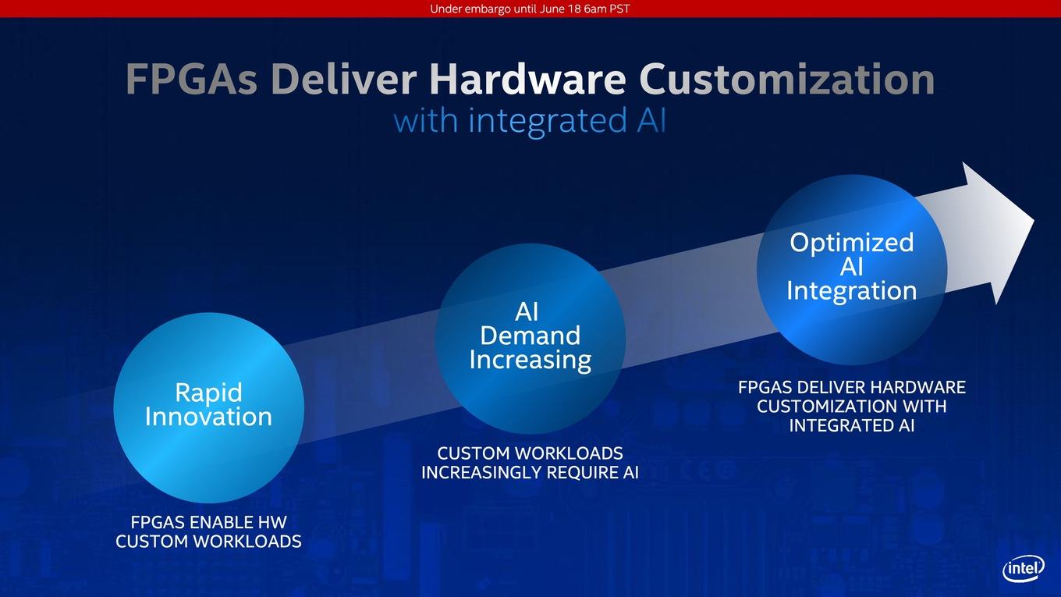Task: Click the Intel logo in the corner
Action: pyautogui.click(x=1024, y=569)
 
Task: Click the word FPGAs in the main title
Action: pyautogui.click(x=192, y=80)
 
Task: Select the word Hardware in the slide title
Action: pyautogui.click(x=527, y=79)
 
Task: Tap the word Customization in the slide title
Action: pyautogui.click(x=786, y=79)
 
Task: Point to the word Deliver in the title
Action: pyautogui.click(x=344, y=79)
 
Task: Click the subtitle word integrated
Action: pyautogui.click(x=548, y=121)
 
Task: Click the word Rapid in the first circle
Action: pyautogui.click(x=208, y=393)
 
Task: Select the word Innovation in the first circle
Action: pyautogui.click(x=208, y=417)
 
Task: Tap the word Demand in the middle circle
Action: pyautogui.click(x=530, y=336)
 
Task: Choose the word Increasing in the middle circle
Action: pyautogui.click(x=530, y=360)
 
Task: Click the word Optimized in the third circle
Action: pyautogui.click(x=852, y=243)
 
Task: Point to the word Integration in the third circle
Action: pyautogui.click(x=852, y=291)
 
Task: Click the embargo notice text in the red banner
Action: pyautogui.click(x=530, y=9)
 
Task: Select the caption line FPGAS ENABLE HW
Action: pyautogui.click(x=208, y=522)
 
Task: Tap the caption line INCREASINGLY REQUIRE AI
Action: pyautogui.click(x=530, y=472)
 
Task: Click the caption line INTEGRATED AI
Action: pyautogui.click(x=852, y=425)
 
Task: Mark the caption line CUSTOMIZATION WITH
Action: pyautogui.click(x=852, y=407)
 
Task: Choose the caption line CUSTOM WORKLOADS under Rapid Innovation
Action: pyautogui.click(x=208, y=541)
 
